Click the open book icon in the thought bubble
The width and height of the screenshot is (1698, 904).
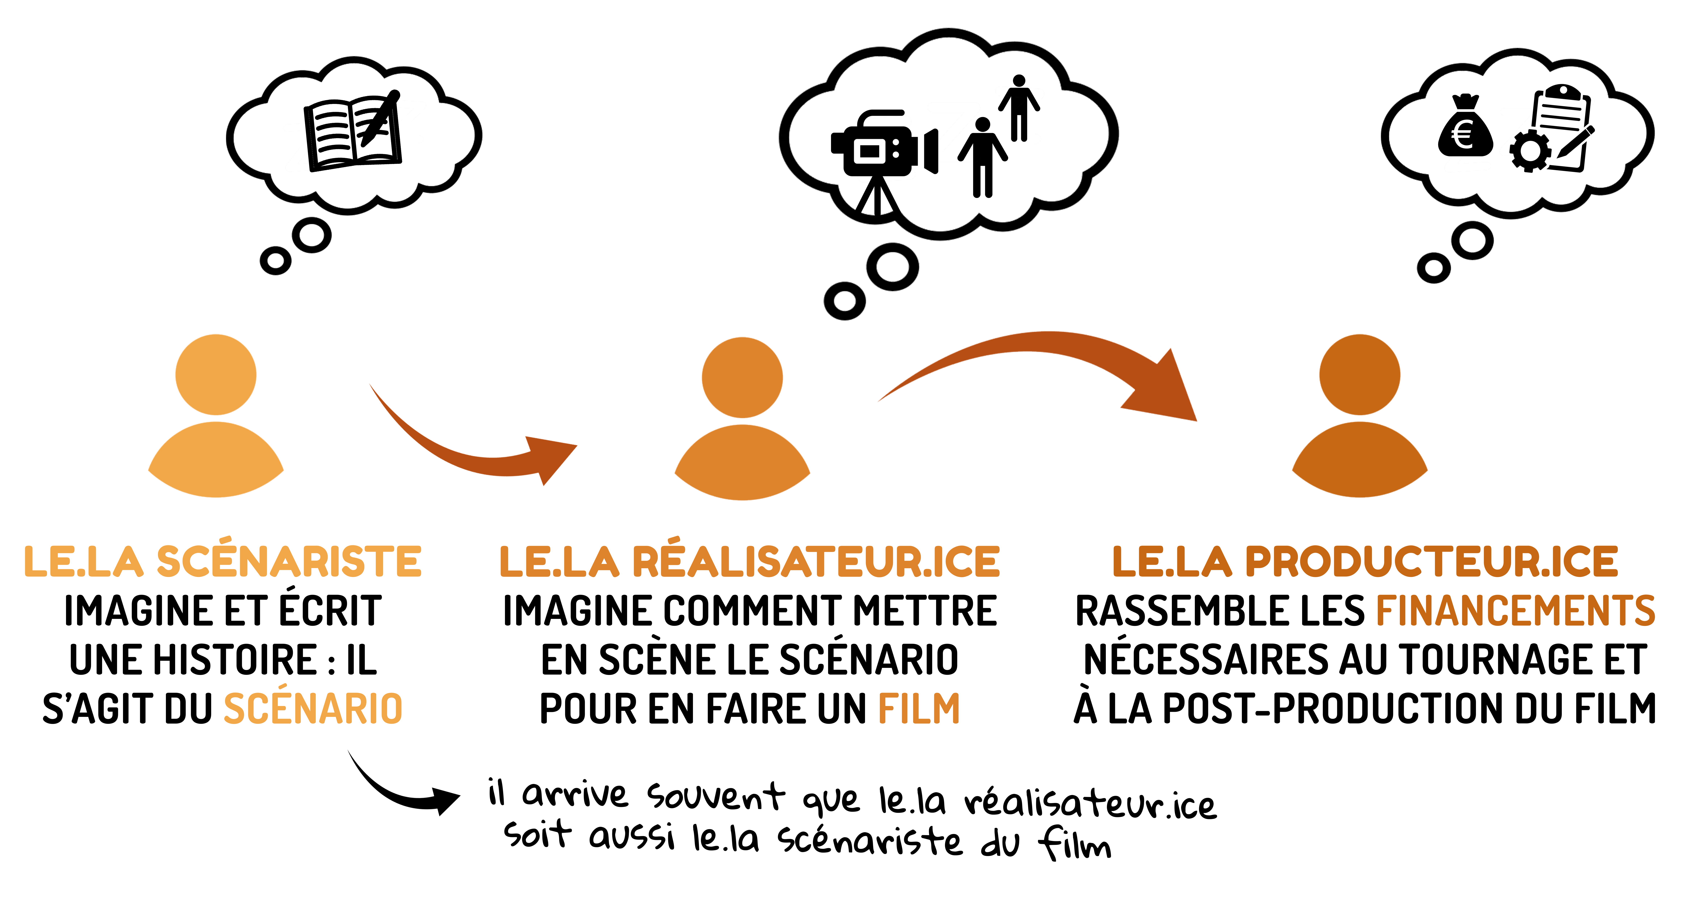[353, 132]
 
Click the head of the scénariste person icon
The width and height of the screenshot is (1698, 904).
[215, 374]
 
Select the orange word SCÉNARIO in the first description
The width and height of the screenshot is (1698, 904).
[313, 709]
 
